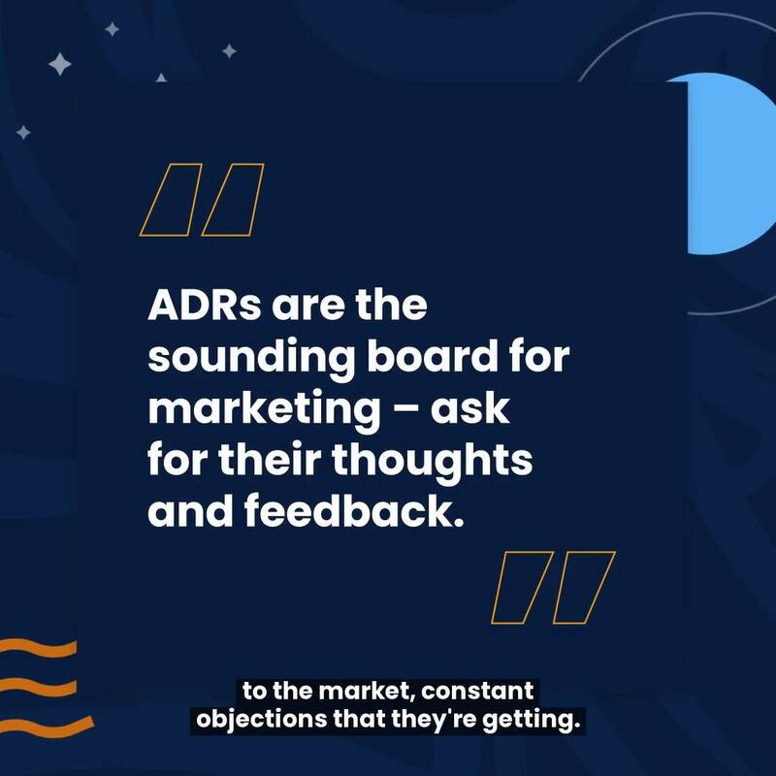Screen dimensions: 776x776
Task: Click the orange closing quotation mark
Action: pyautogui.click(x=554, y=587)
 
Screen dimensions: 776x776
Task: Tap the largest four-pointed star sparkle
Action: pyautogui.click(x=60, y=65)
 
